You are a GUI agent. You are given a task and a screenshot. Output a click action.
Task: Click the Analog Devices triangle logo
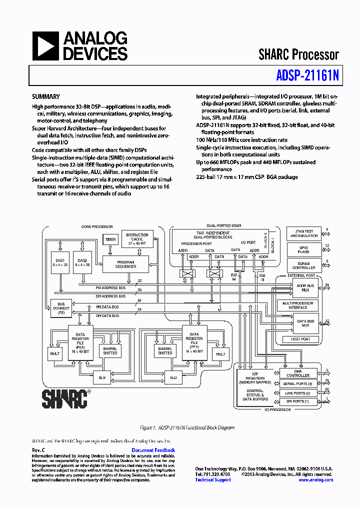(x=44, y=46)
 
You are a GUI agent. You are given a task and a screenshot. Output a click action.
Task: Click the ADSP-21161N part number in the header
(x=307, y=75)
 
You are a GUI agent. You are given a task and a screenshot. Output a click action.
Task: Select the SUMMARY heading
(x=46, y=97)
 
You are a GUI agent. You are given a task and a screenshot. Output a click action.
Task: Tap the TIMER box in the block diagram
(x=110, y=239)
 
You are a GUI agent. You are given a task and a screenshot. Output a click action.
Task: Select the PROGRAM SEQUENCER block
(x=126, y=264)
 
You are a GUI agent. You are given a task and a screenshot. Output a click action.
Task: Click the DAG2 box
(x=82, y=262)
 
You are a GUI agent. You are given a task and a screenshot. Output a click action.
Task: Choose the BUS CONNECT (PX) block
(x=61, y=307)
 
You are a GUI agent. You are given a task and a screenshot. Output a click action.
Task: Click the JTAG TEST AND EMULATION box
(x=304, y=233)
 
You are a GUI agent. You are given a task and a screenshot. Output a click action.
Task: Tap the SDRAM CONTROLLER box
(x=304, y=265)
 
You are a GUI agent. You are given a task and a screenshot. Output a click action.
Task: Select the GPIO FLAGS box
(x=304, y=249)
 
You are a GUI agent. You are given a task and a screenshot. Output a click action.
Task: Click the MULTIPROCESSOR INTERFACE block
(x=298, y=305)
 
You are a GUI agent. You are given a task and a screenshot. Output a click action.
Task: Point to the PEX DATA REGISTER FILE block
(x=80, y=343)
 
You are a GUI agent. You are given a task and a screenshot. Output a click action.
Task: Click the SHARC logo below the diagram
(x=64, y=399)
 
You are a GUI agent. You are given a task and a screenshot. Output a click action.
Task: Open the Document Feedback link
(x=153, y=450)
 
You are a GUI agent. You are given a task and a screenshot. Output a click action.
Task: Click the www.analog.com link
(x=315, y=480)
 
